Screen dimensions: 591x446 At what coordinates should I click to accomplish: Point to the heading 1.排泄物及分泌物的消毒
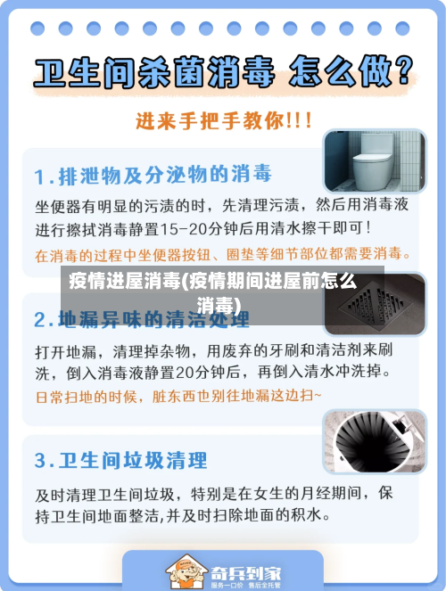point(153,172)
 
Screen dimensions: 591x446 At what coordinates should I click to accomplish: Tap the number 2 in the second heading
point(41,318)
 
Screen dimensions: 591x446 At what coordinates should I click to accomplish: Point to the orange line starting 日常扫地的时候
point(178,394)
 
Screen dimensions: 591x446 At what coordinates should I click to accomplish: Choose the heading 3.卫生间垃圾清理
point(120,461)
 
